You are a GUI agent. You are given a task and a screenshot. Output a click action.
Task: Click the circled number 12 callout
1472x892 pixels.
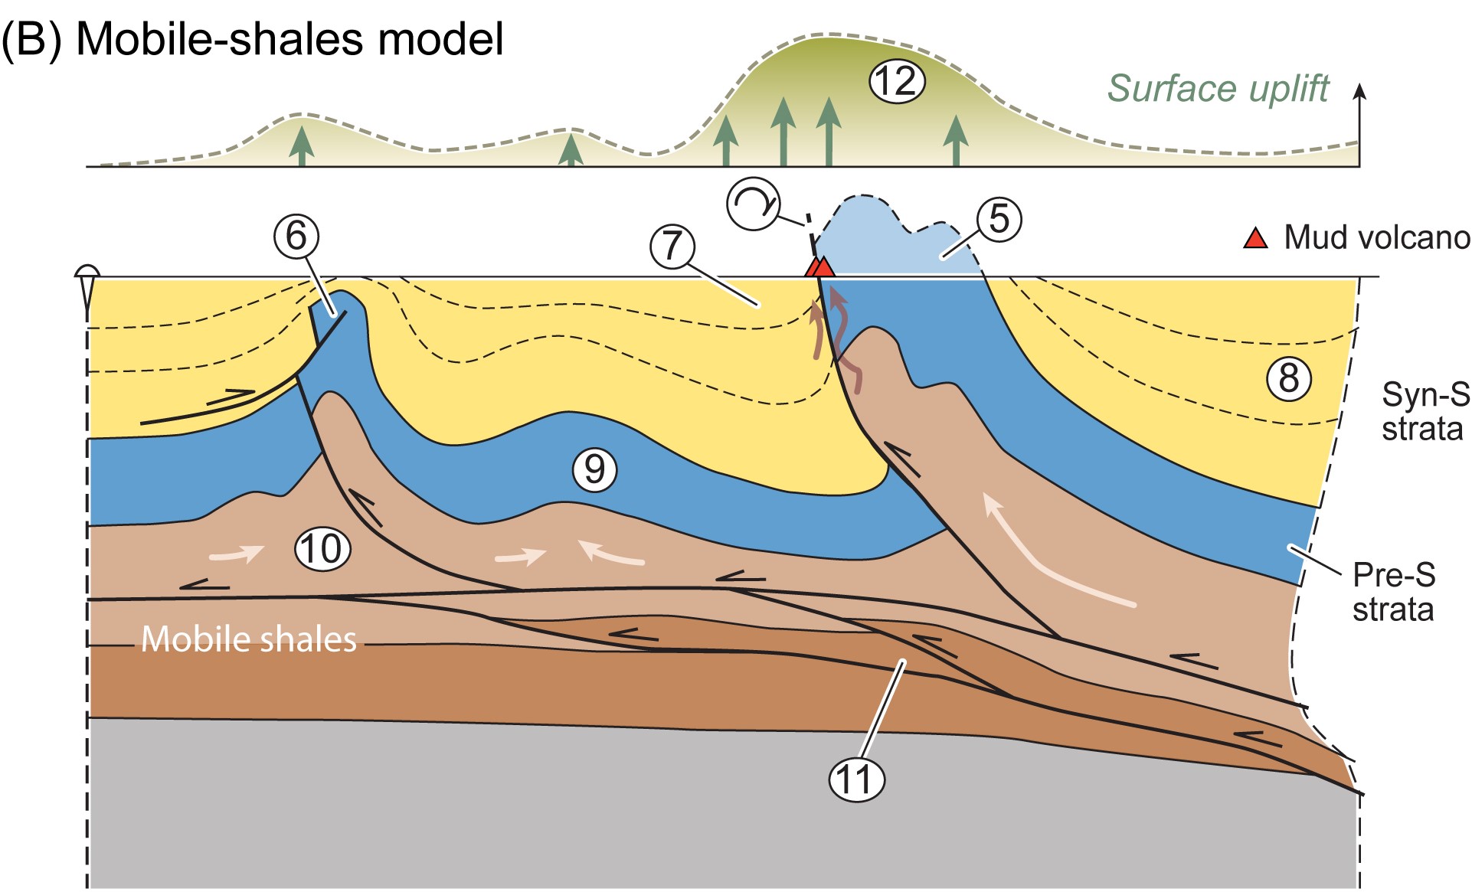(897, 81)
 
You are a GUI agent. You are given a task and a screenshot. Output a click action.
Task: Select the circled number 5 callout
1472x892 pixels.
(999, 219)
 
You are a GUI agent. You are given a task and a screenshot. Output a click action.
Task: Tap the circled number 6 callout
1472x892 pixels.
(296, 236)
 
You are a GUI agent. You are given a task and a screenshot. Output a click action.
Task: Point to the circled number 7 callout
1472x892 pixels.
(672, 247)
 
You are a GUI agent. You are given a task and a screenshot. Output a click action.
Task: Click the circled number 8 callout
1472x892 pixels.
(1289, 378)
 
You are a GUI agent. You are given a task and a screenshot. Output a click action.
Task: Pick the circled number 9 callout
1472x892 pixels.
(594, 469)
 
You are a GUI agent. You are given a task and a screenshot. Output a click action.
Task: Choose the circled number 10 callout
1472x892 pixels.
(322, 548)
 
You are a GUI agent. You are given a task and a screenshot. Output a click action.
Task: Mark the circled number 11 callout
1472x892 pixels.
(856, 780)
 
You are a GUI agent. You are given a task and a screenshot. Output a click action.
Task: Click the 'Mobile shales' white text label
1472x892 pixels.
(249, 639)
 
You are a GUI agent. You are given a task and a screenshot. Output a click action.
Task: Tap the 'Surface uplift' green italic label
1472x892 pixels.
(1218, 89)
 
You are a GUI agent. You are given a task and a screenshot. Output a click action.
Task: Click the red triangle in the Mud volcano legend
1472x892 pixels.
(1255, 238)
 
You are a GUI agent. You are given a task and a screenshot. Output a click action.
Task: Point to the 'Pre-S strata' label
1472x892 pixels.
(1393, 592)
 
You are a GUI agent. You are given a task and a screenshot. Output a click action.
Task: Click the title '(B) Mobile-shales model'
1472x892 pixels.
(253, 38)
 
